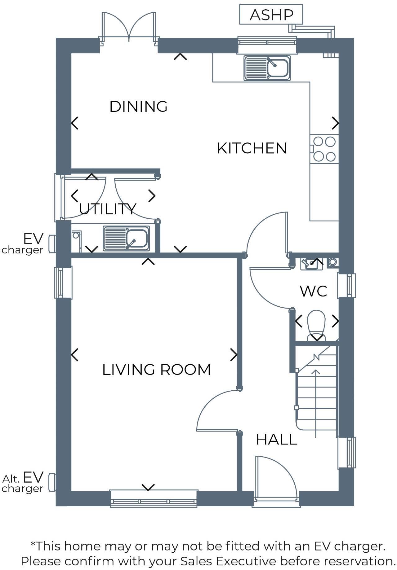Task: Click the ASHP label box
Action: (271, 15)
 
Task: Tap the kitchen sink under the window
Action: (267, 68)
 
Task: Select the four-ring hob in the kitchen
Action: (324, 149)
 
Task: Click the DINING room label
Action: (138, 107)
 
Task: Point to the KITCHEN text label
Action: (252, 148)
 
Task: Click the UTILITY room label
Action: (107, 209)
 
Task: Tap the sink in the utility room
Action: (126, 238)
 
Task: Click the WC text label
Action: (313, 291)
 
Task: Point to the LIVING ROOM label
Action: (156, 370)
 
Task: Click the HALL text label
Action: (276, 440)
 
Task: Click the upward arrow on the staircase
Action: (316, 403)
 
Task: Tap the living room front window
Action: (154, 499)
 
